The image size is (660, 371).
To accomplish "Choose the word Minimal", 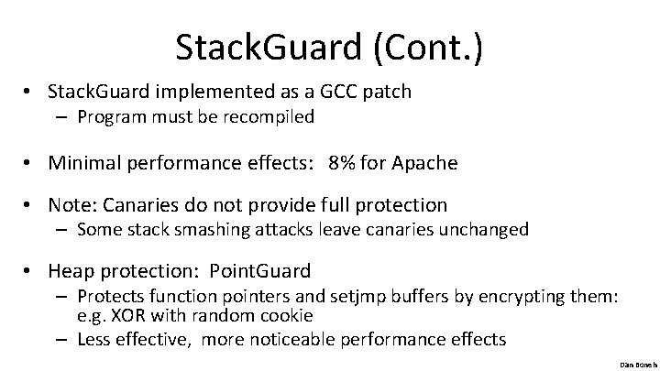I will point(85,163).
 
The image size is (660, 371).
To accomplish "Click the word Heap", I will point(71,271).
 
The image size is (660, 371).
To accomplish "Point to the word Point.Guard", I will point(260,271).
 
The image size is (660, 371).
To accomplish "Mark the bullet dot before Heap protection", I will point(30,272).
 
